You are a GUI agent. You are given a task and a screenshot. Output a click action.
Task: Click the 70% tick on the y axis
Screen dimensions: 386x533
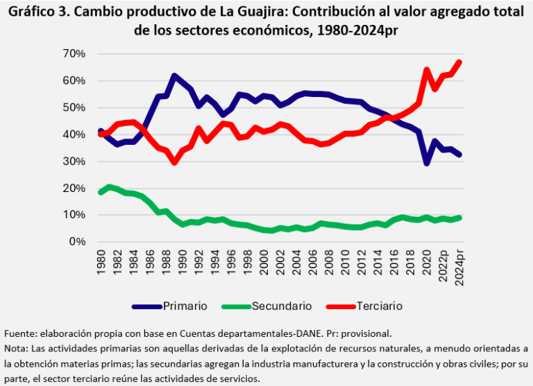[x=74, y=53]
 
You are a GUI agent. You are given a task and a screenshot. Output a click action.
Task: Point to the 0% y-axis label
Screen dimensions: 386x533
[x=76, y=242]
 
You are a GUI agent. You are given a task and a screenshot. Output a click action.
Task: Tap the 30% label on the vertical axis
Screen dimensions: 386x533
[x=74, y=161]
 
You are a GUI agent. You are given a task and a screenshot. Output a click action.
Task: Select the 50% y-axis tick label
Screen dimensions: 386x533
[x=74, y=107]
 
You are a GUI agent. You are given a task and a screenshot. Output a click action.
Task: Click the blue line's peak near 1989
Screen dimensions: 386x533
[x=174, y=76]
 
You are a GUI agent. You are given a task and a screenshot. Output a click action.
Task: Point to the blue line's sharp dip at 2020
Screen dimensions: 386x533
[x=427, y=163]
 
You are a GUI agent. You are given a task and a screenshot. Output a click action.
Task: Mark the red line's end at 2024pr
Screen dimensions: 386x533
[x=459, y=62]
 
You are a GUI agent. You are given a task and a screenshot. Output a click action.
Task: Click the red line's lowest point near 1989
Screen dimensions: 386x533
[x=174, y=162]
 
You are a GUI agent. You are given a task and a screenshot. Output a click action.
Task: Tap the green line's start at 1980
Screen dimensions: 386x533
[x=101, y=192]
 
